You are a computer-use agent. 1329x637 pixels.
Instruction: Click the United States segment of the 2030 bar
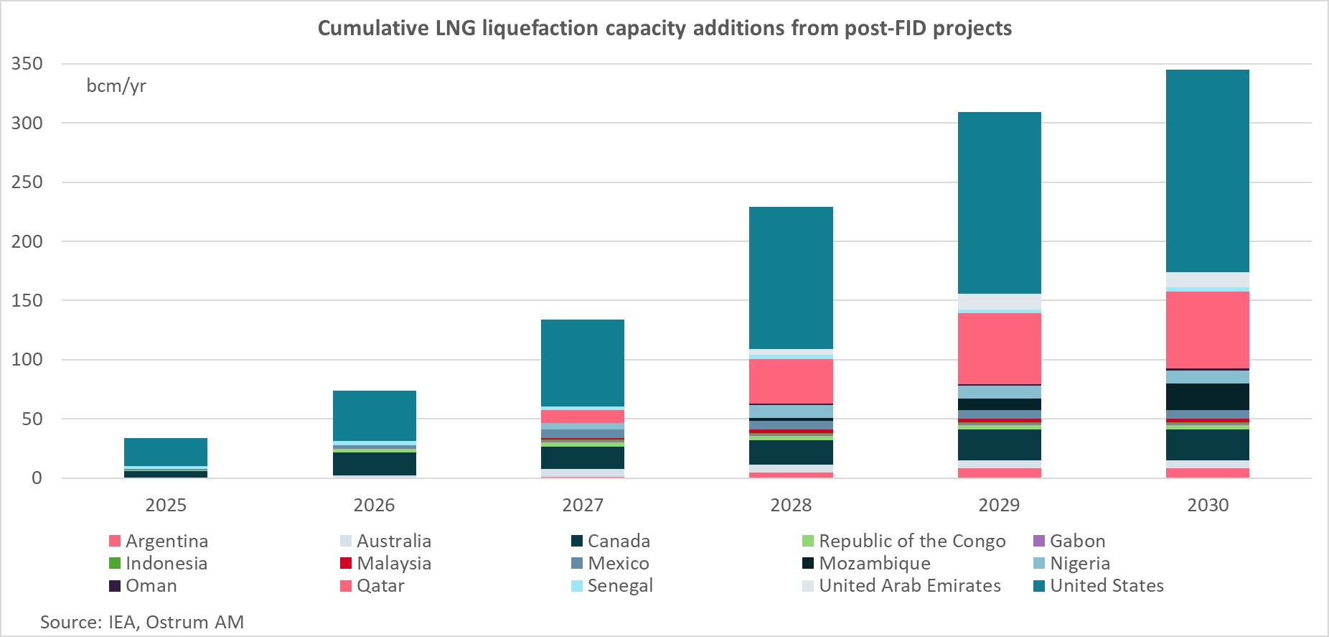click(x=1207, y=170)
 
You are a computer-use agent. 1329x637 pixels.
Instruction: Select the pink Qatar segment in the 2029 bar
click(x=999, y=348)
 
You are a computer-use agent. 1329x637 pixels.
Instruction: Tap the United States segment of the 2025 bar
click(x=166, y=452)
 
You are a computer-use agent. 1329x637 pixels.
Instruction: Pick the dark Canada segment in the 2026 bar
click(x=374, y=463)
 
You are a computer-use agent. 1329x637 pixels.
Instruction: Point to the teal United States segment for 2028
click(x=791, y=277)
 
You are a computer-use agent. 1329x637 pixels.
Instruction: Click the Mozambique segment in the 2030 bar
click(x=1207, y=396)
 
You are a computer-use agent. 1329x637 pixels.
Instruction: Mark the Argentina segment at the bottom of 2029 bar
click(x=999, y=473)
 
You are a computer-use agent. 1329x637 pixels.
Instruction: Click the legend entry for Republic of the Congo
click(x=911, y=541)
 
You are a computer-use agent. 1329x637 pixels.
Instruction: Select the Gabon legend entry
click(x=1076, y=541)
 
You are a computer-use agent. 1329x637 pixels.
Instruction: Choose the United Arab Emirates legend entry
click(x=909, y=585)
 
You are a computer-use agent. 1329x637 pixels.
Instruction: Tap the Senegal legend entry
click(x=619, y=585)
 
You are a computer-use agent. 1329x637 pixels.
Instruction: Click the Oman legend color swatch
click(x=115, y=586)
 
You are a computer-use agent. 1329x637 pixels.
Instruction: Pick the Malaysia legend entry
click(x=393, y=563)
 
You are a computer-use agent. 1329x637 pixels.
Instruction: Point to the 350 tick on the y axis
click(x=27, y=64)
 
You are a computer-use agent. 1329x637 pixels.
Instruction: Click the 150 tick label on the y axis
click(x=27, y=300)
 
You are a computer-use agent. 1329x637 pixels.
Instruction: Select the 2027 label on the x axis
click(x=582, y=505)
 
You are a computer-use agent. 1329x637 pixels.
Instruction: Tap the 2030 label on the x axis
click(x=1207, y=505)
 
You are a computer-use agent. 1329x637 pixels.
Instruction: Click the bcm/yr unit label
click(x=116, y=86)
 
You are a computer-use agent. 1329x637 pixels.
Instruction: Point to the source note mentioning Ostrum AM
click(x=142, y=621)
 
